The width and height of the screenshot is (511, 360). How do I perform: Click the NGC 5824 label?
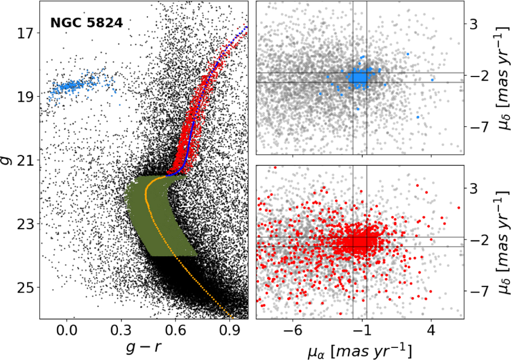tap(86, 23)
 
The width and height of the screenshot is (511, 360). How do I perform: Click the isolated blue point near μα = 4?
tap(432, 80)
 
